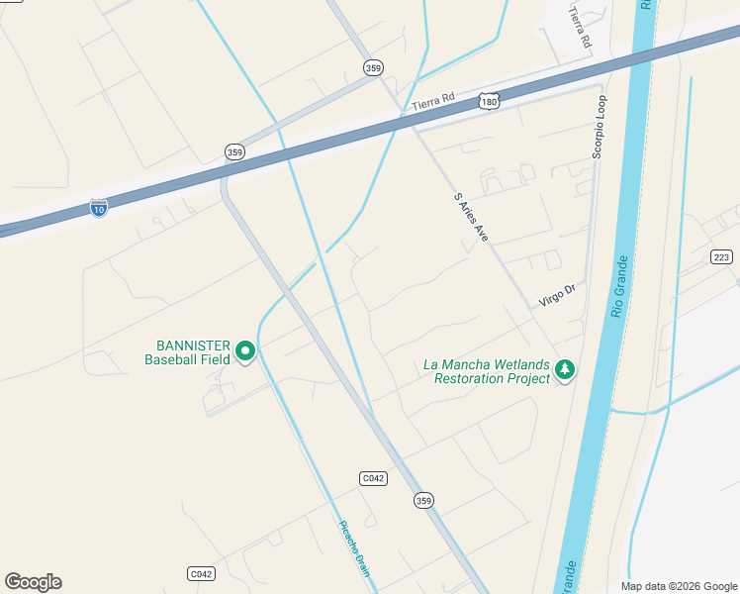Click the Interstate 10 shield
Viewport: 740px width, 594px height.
(98, 207)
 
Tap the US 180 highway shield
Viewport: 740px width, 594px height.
(488, 101)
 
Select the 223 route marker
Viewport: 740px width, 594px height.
(721, 257)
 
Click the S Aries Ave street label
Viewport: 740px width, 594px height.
(471, 218)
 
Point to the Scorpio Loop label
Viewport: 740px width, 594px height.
(599, 127)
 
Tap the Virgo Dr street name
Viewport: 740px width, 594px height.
(556, 295)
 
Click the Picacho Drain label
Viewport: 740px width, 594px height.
(353, 547)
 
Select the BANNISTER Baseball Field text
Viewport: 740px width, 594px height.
(187, 352)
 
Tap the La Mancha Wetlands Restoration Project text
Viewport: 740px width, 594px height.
(486, 371)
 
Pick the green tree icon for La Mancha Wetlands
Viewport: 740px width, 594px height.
(565, 370)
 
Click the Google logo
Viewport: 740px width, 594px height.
(33, 582)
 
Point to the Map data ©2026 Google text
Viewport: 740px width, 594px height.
(678, 586)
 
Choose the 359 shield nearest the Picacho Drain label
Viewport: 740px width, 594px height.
(423, 501)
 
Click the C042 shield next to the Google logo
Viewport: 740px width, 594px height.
(201, 574)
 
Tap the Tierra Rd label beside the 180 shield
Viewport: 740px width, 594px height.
(432, 100)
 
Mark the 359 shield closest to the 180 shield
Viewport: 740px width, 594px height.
(373, 67)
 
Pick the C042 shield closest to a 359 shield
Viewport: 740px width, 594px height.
(373, 478)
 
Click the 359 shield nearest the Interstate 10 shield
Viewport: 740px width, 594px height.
(234, 152)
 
